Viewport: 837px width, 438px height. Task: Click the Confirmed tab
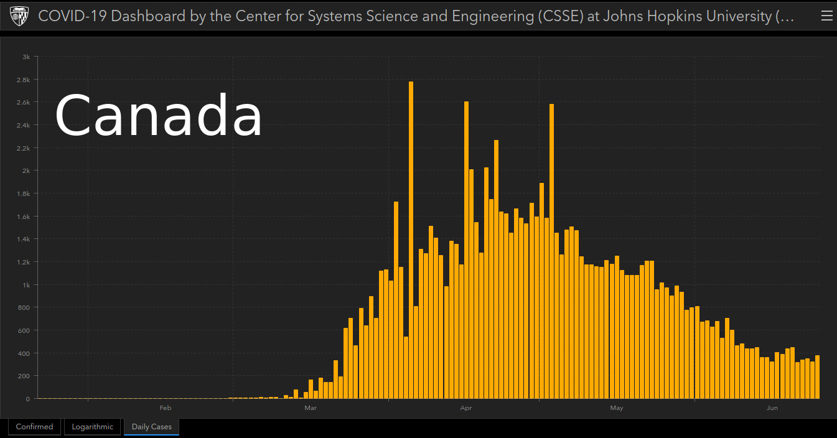tap(34, 427)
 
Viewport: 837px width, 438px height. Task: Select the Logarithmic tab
tap(93, 427)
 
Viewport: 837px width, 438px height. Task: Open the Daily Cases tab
tap(151, 427)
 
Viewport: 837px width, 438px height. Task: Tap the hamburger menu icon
tap(826, 16)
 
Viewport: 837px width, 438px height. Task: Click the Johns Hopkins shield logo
tap(19, 16)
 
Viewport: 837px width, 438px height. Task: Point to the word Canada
tap(159, 116)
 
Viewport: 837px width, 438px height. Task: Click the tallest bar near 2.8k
tap(411, 240)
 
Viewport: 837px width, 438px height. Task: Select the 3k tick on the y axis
tap(26, 57)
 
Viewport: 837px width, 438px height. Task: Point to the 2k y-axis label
tap(26, 170)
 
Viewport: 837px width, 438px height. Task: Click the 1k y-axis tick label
tap(26, 285)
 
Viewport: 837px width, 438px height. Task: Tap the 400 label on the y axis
tap(24, 353)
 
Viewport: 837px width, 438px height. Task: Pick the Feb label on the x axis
tap(165, 408)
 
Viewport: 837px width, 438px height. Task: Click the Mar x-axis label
tap(311, 408)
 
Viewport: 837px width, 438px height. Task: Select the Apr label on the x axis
tap(465, 408)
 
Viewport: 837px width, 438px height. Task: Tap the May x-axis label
tap(616, 408)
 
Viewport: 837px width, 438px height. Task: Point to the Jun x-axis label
tap(772, 408)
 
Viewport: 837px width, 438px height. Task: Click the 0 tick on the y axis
tap(27, 399)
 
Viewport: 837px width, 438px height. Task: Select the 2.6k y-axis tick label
tap(24, 102)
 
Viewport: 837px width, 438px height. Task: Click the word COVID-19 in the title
tap(72, 16)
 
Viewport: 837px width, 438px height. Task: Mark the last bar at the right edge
tap(817, 377)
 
